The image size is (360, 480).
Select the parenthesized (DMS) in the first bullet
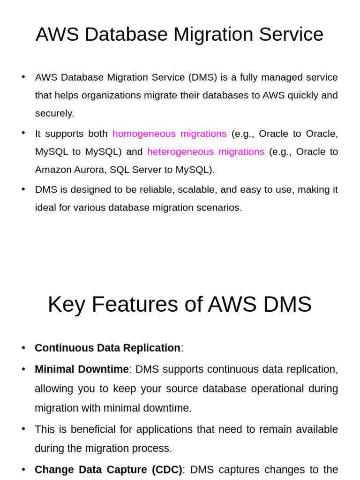point(202,77)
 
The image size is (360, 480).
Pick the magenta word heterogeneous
point(180,151)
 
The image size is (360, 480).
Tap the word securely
point(54,113)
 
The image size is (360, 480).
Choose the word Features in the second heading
point(135,304)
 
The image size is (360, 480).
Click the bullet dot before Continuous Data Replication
point(23,348)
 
